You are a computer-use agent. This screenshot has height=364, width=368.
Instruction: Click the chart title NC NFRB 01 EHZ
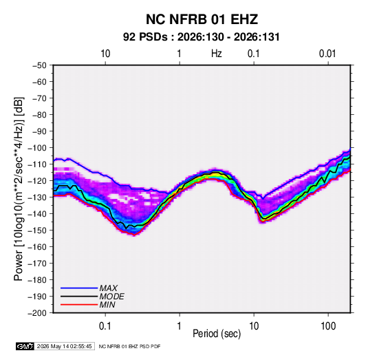pyautogui.click(x=202, y=19)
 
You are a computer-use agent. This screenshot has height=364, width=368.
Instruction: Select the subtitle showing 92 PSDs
pyautogui.click(x=202, y=37)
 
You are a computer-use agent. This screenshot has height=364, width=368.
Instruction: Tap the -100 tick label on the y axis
pyautogui.click(x=37, y=148)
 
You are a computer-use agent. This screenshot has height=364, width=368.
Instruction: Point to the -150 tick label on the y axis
pyautogui.click(x=37, y=231)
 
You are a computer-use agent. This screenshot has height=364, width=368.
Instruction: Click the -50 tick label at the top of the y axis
pyautogui.click(x=39, y=65)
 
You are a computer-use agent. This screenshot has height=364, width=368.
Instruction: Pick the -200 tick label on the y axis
pyautogui.click(x=37, y=313)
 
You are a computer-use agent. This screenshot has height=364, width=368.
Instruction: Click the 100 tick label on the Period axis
pyautogui.click(x=328, y=326)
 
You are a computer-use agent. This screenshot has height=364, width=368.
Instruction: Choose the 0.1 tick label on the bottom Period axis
pyautogui.click(x=105, y=326)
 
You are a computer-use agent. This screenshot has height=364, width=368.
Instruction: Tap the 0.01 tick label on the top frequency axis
pyautogui.click(x=327, y=54)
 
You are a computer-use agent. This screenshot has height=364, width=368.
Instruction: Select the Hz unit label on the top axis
pyautogui.click(x=217, y=54)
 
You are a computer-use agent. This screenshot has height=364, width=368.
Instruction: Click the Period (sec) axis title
pyautogui.click(x=217, y=334)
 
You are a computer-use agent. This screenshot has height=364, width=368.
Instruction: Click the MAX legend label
pyautogui.click(x=109, y=288)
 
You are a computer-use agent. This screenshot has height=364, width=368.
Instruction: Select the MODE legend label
pyautogui.click(x=111, y=297)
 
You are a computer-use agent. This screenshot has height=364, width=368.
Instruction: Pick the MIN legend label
pyautogui.click(x=107, y=305)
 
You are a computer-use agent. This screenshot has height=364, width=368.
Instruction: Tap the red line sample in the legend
pyautogui.click(x=79, y=305)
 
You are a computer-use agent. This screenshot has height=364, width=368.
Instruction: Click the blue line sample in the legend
pyautogui.click(x=79, y=288)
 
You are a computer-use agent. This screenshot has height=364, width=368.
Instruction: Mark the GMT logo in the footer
pyautogui.click(x=25, y=346)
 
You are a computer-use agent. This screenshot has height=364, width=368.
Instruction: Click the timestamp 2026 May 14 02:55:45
pyautogui.click(x=64, y=346)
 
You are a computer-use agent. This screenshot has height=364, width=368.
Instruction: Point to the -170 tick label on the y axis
pyautogui.click(x=37, y=264)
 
